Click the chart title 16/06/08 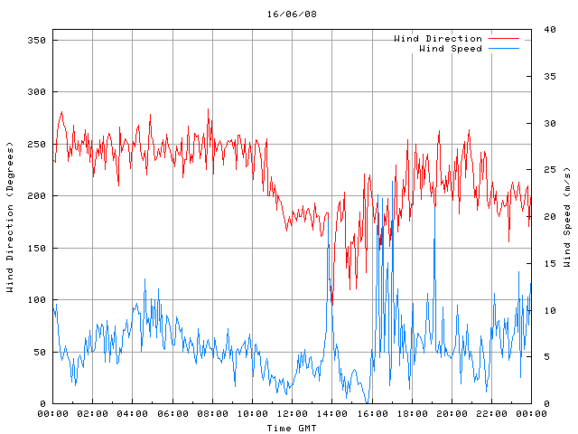(292, 14)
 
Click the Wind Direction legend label (437, 39)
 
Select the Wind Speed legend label (450, 49)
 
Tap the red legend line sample (505, 39)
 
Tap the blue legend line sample (505, 49)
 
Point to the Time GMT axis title (291, 428)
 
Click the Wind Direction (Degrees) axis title (10, 217)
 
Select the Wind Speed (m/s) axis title (567, 217)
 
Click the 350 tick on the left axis (35, 41)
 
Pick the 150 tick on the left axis (35, 249)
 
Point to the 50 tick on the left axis (39, 353)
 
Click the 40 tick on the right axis (547, 30)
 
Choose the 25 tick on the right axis (547, 170)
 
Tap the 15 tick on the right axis (547, 264)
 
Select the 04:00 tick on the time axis (132, 414)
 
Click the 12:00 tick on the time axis (292, 414)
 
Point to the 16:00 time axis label (371, 414)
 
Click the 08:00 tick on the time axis (212, 414)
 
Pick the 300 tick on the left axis (35, 92)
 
